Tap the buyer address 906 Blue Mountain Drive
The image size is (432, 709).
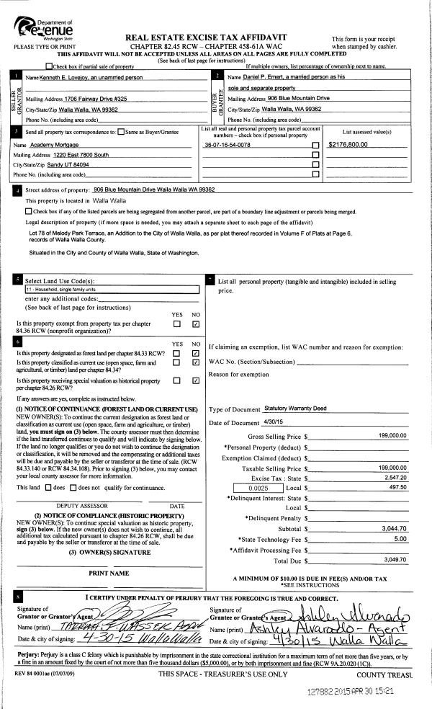pyautogui.click(x=289, y=97)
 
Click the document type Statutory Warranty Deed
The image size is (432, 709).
pyautogui.click(x=296, y=409)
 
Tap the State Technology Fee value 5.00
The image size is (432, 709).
pyautogui.click(x=400, y=538)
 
